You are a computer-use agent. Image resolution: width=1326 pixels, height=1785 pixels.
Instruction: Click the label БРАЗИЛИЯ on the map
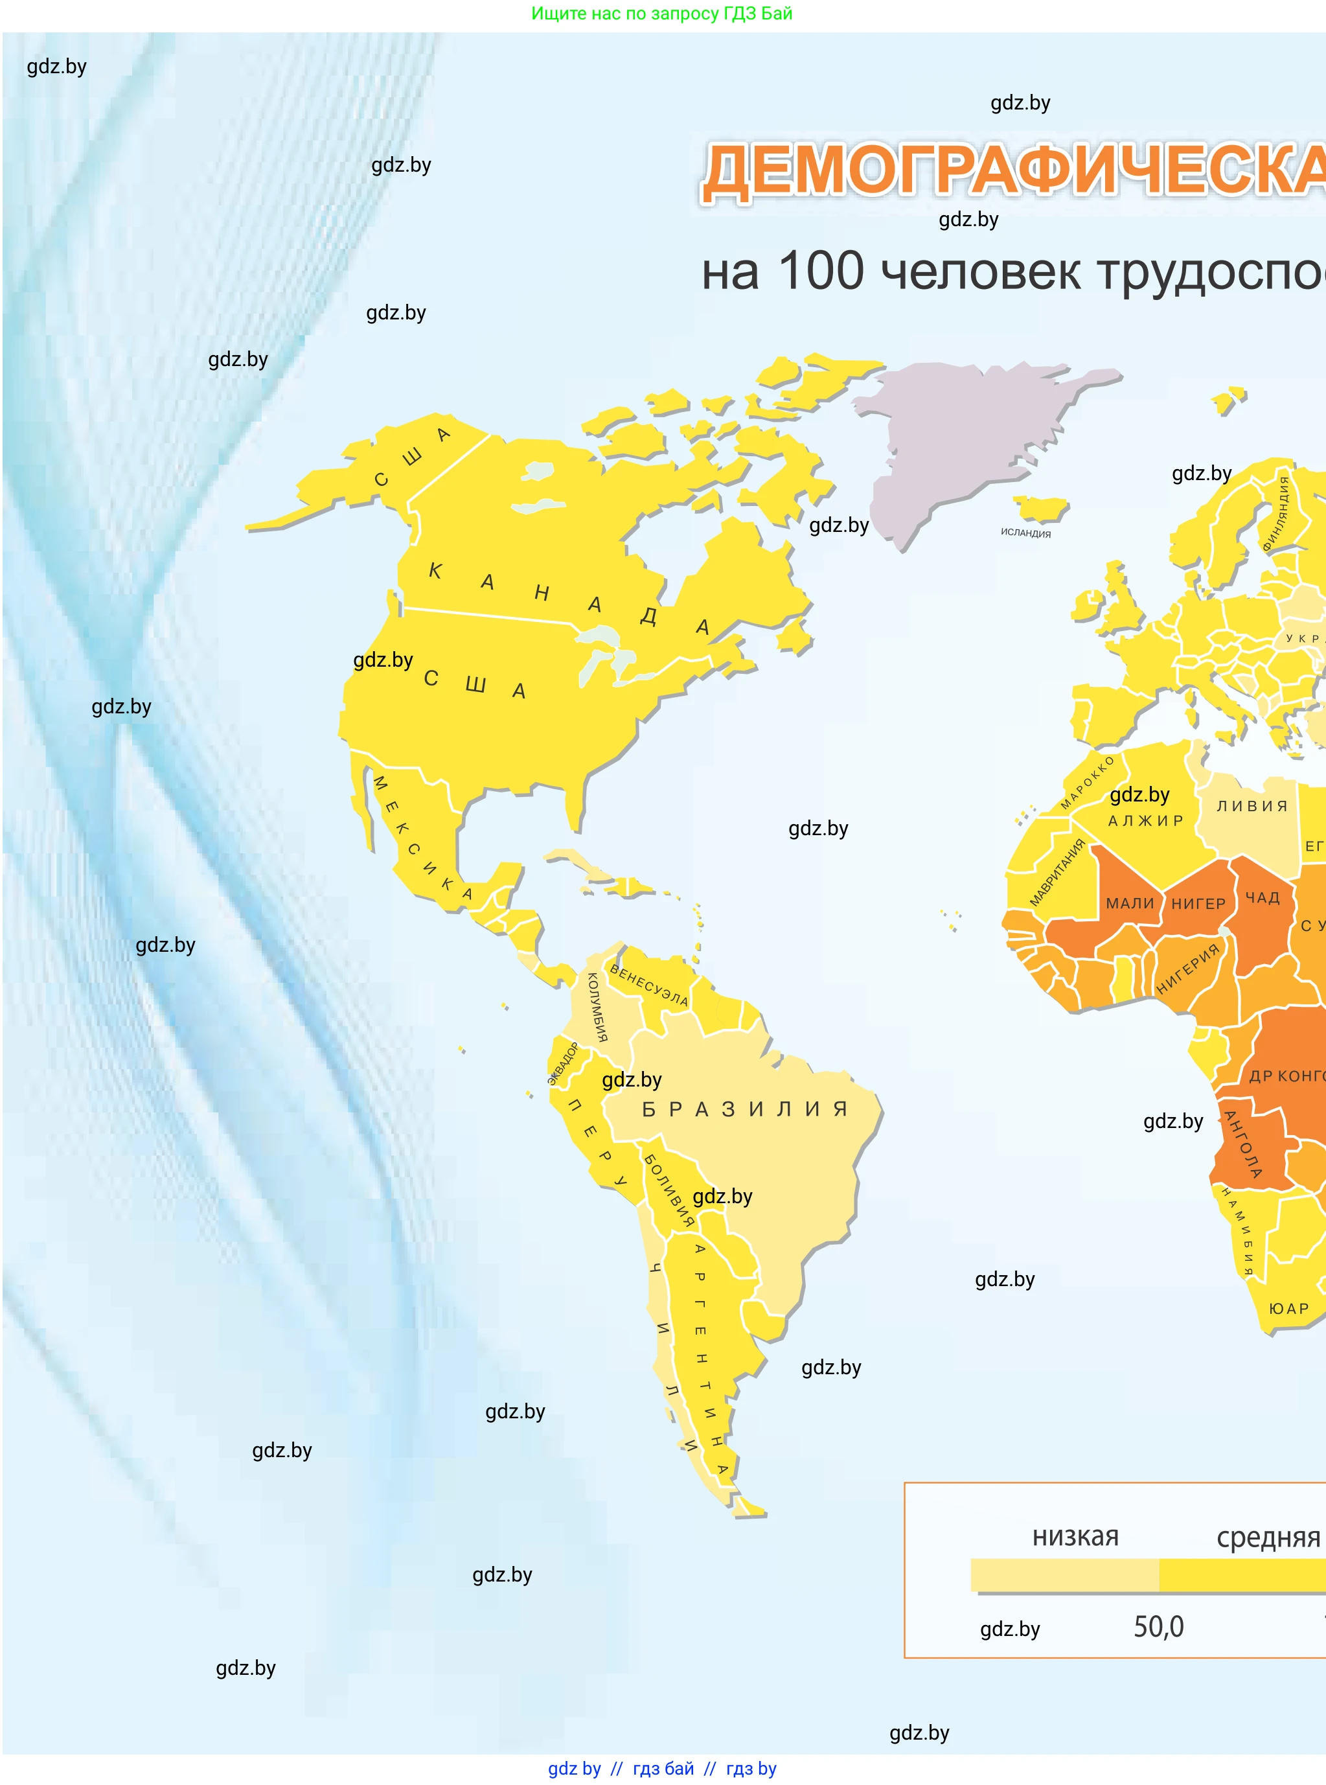coord(744,1109)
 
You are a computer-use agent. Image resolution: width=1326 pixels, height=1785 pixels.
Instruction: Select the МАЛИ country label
coord(1129,904)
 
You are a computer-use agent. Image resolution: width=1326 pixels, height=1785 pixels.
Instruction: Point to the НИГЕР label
coord(1198,904)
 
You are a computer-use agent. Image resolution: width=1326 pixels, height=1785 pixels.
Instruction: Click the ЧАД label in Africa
coord(1263,897)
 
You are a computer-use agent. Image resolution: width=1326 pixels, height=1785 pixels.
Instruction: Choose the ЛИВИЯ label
coord(1252,806)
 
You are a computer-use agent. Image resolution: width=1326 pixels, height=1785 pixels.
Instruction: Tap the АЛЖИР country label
coord(1145,820)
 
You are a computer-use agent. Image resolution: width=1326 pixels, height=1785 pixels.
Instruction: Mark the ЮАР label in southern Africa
coord(1288,1309)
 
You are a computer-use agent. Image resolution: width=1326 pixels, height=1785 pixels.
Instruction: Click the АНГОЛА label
coord(1242,1144)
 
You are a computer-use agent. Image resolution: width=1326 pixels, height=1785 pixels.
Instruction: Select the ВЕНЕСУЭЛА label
coord(648,985)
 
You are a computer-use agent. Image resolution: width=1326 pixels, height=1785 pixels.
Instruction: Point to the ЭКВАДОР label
coord(564,1063)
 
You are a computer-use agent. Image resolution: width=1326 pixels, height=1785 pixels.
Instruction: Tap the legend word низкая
coord(1075,1536)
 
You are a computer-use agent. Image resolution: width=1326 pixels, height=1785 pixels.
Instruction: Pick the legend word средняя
coord(1268,1537)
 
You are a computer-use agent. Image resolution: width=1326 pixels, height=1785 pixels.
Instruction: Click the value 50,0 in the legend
coord(1158,1627)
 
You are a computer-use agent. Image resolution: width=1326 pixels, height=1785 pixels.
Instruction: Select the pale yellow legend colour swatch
coord(1064,1574)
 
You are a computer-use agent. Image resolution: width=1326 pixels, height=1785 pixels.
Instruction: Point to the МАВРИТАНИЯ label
coord(1057,873)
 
